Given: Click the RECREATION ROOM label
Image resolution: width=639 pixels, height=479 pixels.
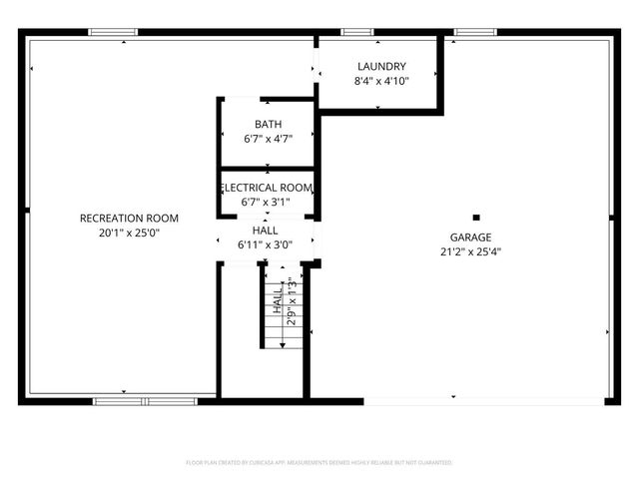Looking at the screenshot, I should [x=129, y=218].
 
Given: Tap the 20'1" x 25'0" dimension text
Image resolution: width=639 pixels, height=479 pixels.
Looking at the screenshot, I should [x=129, y=232].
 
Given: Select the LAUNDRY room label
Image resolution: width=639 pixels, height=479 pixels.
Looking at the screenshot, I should [x=381, y=66].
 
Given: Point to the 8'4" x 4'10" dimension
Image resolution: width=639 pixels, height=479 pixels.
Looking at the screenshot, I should [x=381, y=80].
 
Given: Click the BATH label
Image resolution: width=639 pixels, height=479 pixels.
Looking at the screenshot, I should [x=268, y=125].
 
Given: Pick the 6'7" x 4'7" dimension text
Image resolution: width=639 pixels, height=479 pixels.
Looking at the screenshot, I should [x=268, y=140].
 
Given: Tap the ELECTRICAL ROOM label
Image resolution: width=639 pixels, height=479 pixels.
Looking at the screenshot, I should [x=267, y=188].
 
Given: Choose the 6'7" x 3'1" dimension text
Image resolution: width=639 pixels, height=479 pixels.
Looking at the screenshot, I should [x=266, y=202].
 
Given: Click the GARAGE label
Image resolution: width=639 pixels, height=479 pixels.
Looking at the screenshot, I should [x=469, y=238].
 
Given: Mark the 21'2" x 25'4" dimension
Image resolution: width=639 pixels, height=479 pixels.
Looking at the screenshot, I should [x=469, y=251].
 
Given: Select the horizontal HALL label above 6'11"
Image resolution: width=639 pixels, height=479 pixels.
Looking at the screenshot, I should [x=265, y=231].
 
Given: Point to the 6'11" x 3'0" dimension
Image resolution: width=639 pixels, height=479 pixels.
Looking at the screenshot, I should [x=265, y=244].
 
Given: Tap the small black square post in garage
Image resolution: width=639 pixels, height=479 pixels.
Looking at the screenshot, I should [x=476, y=217].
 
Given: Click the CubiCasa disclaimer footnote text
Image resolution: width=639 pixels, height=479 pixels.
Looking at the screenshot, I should [x=319, y=463].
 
